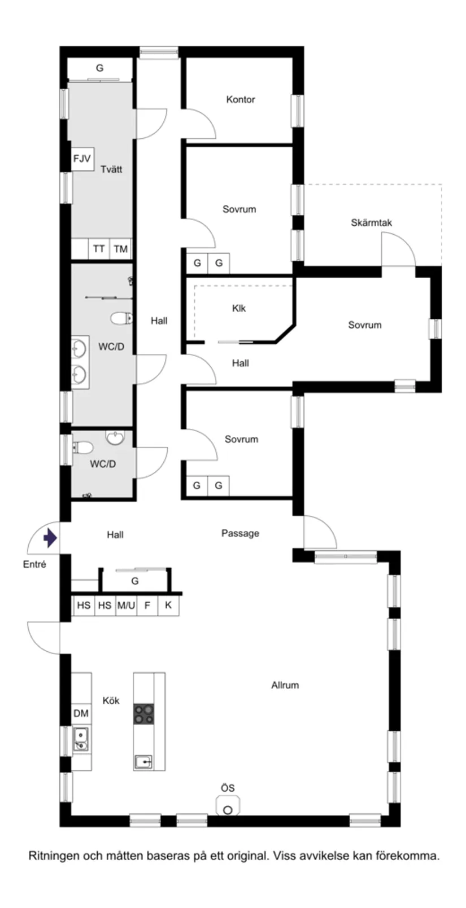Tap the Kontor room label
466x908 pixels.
(240, 99)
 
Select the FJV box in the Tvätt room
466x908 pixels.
(82, 159)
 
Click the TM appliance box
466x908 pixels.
(120, 248)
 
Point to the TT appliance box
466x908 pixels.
(99, 248)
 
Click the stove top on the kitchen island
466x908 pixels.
(143, 714)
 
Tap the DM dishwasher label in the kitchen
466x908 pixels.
(81, 713)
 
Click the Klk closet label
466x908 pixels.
(239, 308)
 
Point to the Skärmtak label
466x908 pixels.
(371, 222)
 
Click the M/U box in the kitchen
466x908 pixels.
(126, 606)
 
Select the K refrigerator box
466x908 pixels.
(168, 606)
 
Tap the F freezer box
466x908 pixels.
(147, 606)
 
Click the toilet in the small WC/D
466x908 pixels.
(82, 448)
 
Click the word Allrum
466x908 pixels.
(285, 685)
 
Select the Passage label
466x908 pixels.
(240, 533)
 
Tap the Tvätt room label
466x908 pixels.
(111, 169)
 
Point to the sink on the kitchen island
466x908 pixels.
(143, 762)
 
